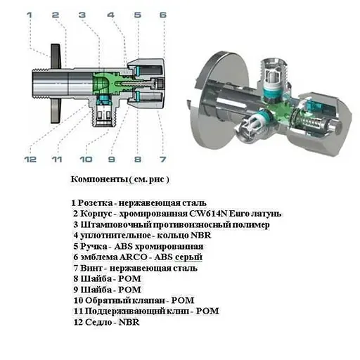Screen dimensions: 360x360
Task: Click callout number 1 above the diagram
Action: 30,15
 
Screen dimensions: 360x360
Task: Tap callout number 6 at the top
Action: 163,15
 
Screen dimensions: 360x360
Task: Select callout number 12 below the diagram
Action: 30,160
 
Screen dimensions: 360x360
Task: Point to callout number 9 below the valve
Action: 112,160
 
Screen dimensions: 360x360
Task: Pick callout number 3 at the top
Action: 82,15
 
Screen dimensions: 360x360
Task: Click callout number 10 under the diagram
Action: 86,160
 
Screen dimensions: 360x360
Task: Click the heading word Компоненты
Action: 99,179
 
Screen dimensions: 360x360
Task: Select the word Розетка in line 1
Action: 94,203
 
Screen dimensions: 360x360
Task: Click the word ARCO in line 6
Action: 133,257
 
